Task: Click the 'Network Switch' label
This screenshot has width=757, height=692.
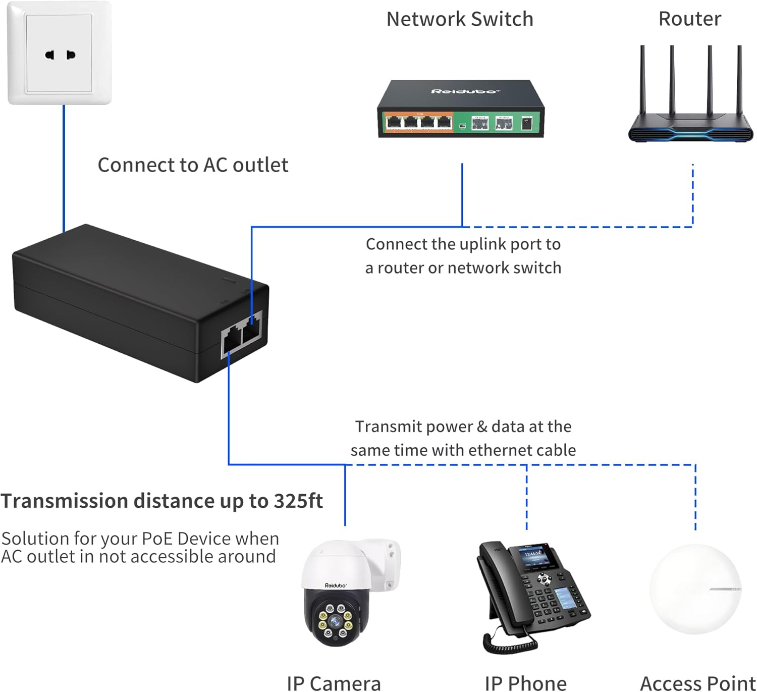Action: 459,19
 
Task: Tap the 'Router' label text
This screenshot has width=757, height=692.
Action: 689,19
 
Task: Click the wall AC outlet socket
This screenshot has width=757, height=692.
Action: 60,54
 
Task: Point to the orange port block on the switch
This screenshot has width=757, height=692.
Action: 418,122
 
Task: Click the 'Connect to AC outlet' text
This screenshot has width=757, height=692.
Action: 193,165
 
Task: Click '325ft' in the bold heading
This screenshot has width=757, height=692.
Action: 298,501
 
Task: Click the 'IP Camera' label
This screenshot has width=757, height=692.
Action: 334,683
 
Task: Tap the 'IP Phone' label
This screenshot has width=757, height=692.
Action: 525,683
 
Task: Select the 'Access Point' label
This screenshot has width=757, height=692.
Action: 697,683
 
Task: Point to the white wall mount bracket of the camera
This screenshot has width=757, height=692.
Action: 386,563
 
